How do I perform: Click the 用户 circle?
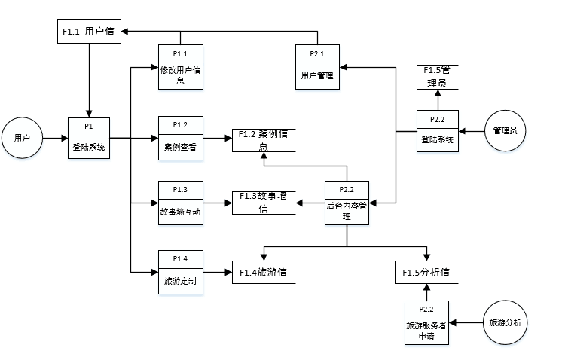tap(22, 138)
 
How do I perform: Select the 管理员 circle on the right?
tap(504, 131)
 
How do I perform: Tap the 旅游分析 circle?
tap(504, 322)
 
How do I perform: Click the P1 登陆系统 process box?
tap(89, 138)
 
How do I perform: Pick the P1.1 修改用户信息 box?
tap(180, 67)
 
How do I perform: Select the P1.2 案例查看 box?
tap(180, 138)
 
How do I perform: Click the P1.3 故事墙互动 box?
tap(180, 203)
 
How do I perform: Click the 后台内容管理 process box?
tap(346, 203)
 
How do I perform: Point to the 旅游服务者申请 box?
tap(426, 322)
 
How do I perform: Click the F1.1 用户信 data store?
tap(89, 32)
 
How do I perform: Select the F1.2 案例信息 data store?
tap(263, 140)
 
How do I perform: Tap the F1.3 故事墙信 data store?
tap(263, 202)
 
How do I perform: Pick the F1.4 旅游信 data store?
tap(263, 272)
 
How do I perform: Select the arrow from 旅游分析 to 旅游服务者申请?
tap(466, 322)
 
